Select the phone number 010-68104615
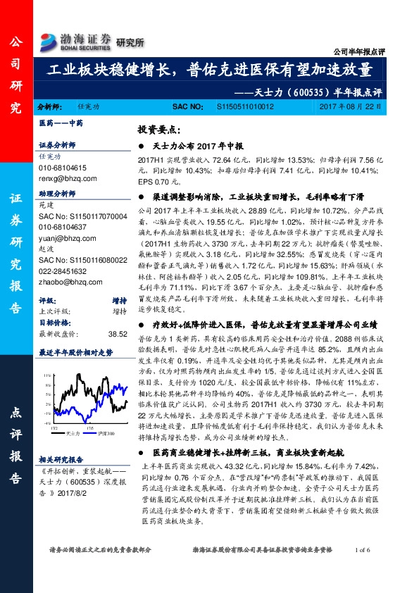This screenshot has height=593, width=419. (x=61, y=168)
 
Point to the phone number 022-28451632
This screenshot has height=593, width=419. (x=61, y=270)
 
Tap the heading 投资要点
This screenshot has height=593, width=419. (x=161, y=130)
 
